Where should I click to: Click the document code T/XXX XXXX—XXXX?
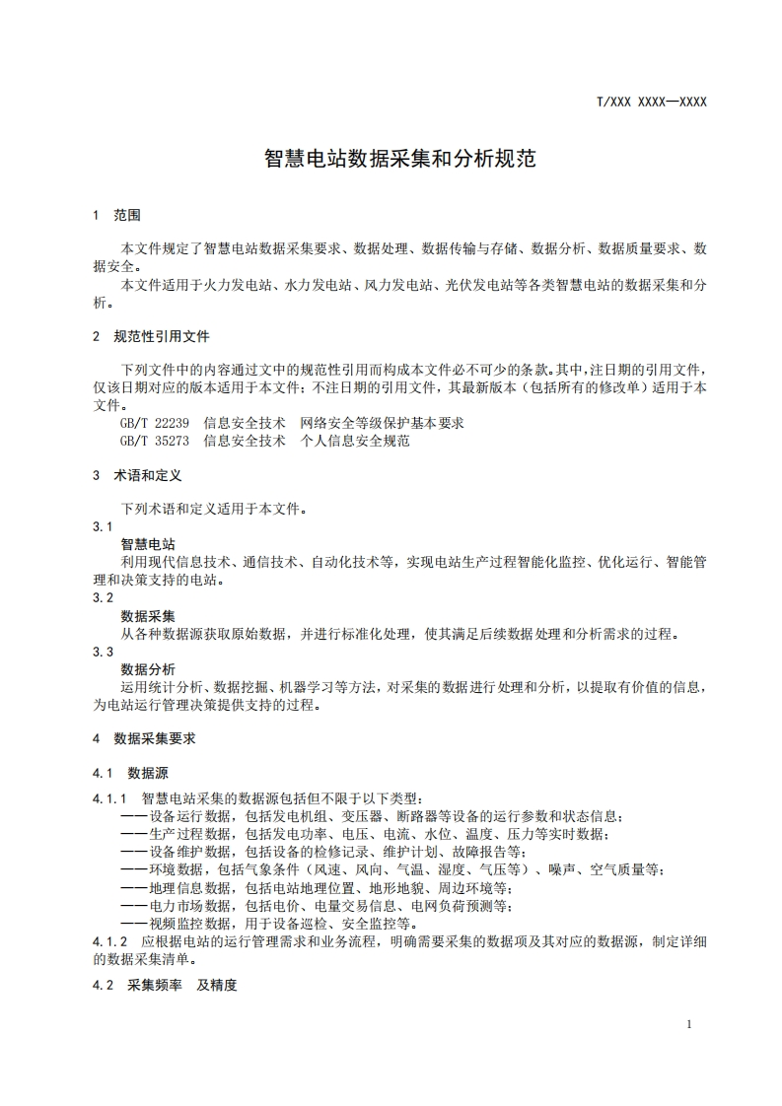pyautogui.click(x=652, y=102)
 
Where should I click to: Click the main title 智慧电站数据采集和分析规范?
pyautogui.click(x=399, y=159)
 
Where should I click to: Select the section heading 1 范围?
pyautogui.click(x=116, y=215)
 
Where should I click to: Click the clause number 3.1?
pyautogui.click(x=103, y=527)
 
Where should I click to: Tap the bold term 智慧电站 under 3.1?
pyautogui.click(x=148, y=544)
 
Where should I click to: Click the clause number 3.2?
pyautogui.click(x=103, y=598)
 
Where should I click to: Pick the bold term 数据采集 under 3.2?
pyautogui.click(x=148, y=616)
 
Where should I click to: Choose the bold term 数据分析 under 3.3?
pyautogui.click(x=148, y=669)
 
